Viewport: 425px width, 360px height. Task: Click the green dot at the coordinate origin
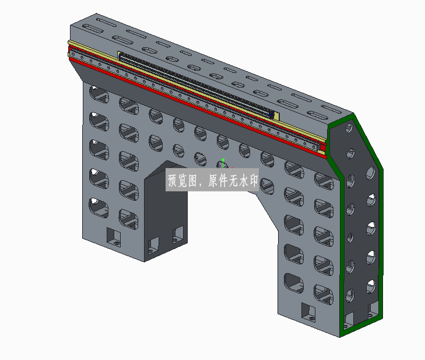[x=223, y=160]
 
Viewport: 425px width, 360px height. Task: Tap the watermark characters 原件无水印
[x=233, y=180]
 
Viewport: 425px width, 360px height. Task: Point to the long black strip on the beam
[x=196, y=85]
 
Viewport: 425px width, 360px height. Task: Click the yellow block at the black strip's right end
[x=276, y=117]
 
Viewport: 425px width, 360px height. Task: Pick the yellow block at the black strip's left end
[x=118, y=55]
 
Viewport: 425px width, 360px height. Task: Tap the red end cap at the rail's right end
[x=323, y=148]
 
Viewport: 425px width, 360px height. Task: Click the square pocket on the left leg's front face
[x=113, y=236]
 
